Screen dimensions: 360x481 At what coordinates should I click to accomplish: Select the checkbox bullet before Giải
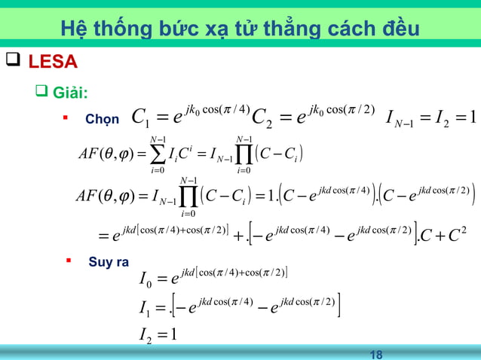coord(42,93)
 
